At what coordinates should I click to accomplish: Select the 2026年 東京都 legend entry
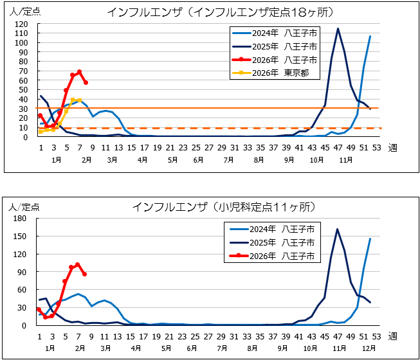coord(277,73)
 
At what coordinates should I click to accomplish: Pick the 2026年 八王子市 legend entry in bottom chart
coord(282,255)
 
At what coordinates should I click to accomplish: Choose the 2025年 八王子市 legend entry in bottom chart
coord(282,242)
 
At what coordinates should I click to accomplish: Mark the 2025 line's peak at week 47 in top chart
coord(338,28)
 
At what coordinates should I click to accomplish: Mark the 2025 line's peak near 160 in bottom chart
coord(337,229)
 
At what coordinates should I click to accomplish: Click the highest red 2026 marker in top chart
coord(79,72)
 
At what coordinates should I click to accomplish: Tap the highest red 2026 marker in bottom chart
coord(78,264)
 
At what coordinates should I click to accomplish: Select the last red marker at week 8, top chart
coord(86,82)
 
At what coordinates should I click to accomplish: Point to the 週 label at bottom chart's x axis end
coord(392,336)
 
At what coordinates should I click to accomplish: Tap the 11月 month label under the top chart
coord(338,160)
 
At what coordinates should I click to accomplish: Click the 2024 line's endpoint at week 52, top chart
coord(370,36)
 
